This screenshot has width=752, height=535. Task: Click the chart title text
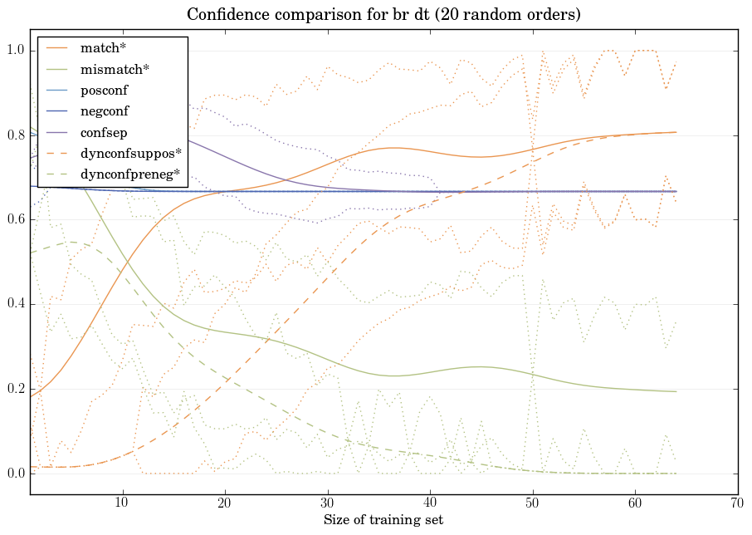point(383,15)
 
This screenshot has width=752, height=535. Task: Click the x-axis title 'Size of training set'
point(383,521)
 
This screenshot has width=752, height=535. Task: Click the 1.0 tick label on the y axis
point(16,52)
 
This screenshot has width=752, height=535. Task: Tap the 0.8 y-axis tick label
point(16,135)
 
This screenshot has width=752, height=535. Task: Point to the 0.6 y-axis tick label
point(16,220)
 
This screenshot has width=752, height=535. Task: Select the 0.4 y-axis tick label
point(16,305)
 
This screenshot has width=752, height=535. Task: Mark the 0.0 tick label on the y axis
point(16,474)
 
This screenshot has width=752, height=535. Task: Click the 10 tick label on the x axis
point(122,503)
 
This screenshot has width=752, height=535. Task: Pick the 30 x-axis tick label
point(328,503)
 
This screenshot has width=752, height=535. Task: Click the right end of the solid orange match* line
point(676,132)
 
